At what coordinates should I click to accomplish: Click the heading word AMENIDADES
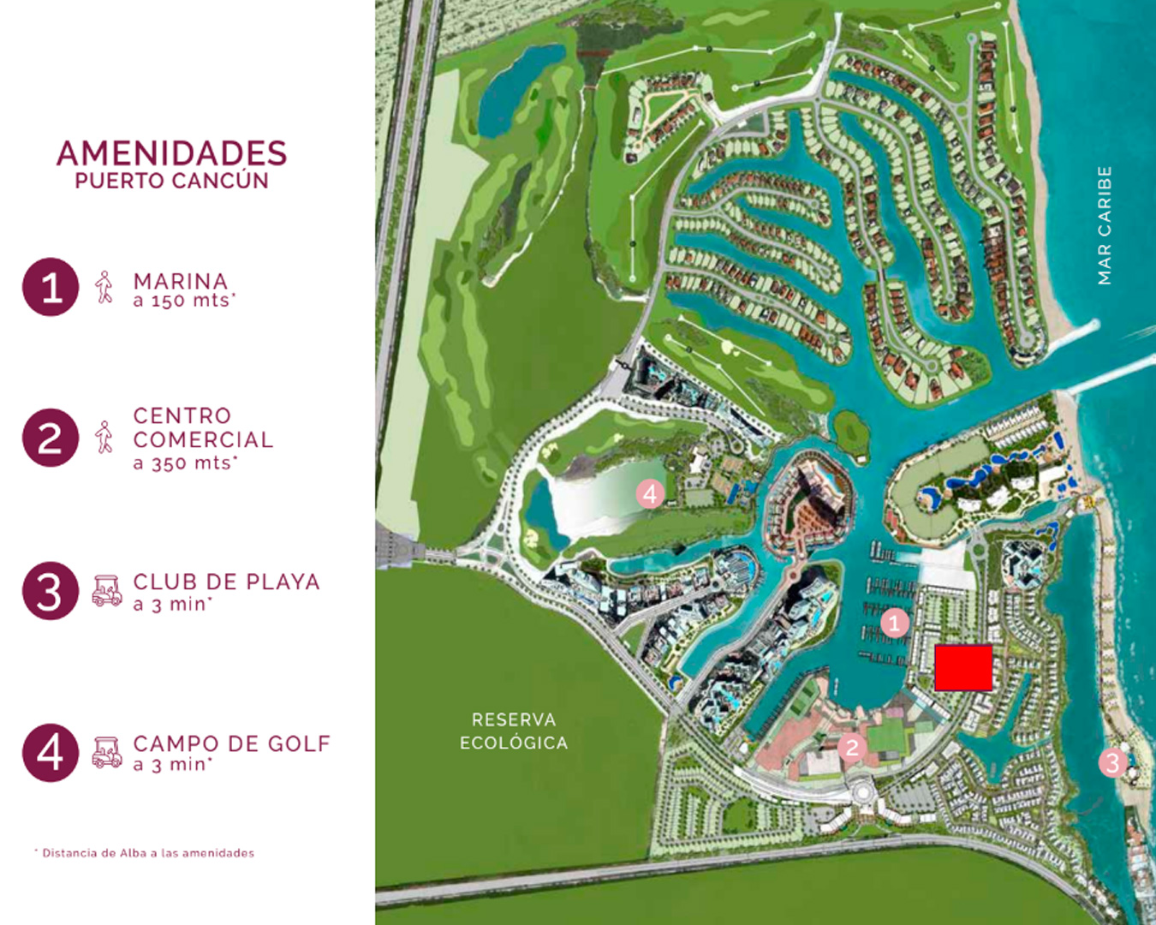pyautogui.click(x=171, y=153)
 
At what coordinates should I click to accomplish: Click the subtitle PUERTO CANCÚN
pyautogui.click(x=171, y=182)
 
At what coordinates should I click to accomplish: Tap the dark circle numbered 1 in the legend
pyautogui.click(x=51, y=287)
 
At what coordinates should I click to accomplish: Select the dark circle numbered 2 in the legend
pyautogui.click(x=51, y=438)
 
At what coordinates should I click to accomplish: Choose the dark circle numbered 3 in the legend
pyautogui.click(x=51, y=591)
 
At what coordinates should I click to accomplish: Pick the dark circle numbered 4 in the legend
pyautogui.click(x=51, y=753)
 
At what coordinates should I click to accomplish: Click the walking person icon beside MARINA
pyautogui.click(x=104, y=288)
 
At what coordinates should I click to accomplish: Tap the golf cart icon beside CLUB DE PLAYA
pyautogui.click(x=107, y=591)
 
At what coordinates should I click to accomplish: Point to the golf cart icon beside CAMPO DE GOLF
pyautogui.click(x=107, y=752)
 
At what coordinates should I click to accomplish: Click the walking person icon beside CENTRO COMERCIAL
pyautogui.click(x=104, y=437)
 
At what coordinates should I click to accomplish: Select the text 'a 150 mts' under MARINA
pyautogui.click(x=183, y=301)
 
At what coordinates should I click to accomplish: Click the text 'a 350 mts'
pyautogui.click(x=184, y=463)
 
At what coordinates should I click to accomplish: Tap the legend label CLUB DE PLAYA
pyautogui.click(x=226, y=582)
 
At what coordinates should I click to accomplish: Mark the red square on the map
pyautogui.click(x=963, y=668)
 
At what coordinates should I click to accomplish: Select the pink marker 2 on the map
pyautogui.click(x=851, y=748)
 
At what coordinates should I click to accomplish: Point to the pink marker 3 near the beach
pyautogui.click(x=1112, y=762)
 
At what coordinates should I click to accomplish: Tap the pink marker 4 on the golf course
pyautogui.click(x=650, y=493)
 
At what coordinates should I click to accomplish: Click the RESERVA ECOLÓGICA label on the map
pyautogui.click(x=514, y=731)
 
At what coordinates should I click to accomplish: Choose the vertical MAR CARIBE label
pyautogui.click(x=1105, y=225)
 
